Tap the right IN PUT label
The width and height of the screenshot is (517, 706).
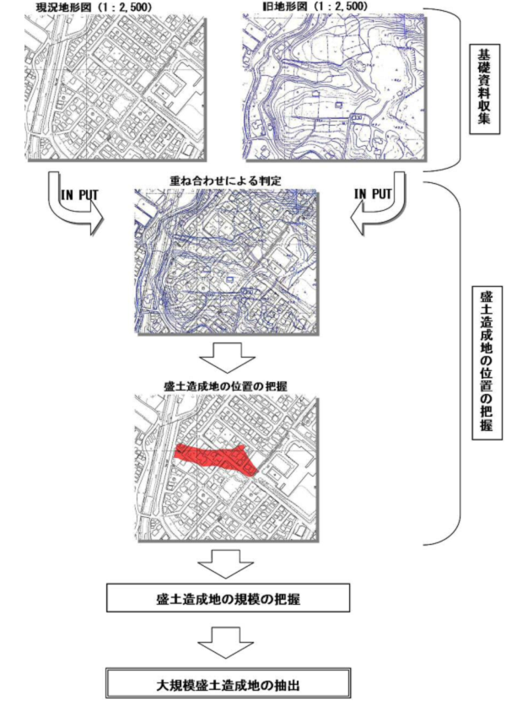click(371, 194)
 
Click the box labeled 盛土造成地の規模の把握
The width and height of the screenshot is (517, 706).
click(229, 598)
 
